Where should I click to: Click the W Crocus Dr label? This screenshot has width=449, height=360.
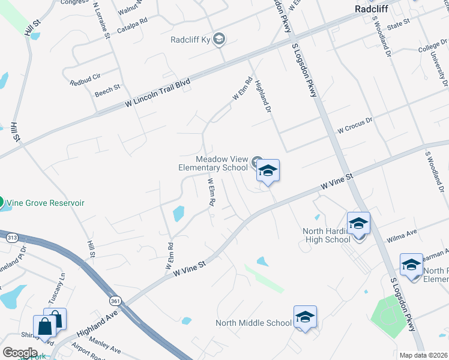coord(355,128)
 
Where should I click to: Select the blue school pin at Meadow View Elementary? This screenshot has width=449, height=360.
coord(268,172)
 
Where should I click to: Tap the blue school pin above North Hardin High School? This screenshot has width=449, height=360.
coord(358,224)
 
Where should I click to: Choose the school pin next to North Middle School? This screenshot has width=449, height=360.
coord(305,318)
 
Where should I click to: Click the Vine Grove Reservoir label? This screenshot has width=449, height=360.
coord(46,203)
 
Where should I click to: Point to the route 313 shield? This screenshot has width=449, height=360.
coord(12,238)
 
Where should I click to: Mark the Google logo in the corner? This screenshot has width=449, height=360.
coord(20,353)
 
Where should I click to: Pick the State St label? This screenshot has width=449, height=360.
coord(398,23)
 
